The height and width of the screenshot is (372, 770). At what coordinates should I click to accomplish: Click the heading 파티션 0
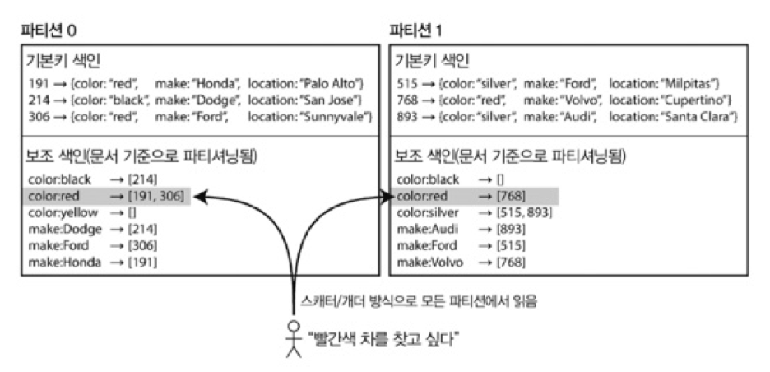click(50, 30)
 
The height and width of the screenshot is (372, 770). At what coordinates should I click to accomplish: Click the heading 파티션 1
click(416, 30)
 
